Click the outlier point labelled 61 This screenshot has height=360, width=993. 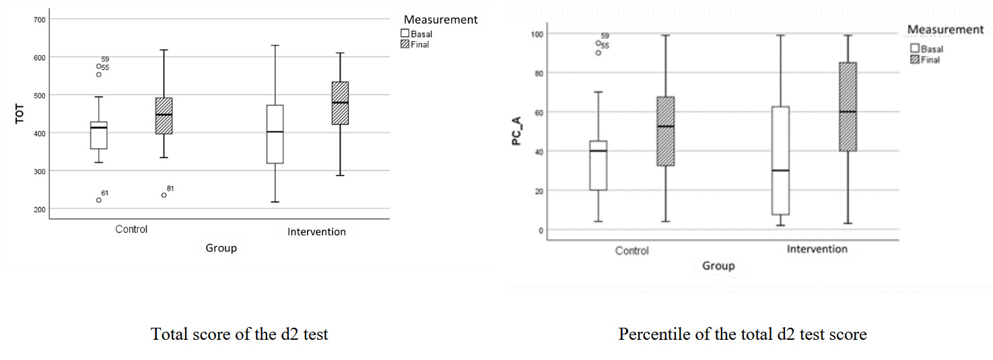point(99,200)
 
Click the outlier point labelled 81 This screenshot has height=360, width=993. point(164,195)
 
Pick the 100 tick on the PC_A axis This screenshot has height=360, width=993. point(537,34)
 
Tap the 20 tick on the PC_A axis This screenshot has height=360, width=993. point(539,190)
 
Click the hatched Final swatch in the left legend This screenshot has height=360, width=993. point(405,44)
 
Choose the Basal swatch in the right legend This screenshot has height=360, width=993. point(915,48)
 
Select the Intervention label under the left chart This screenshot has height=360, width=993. point(316,232)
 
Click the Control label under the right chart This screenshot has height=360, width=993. point(631,251)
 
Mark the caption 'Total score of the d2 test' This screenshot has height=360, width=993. point(240,334)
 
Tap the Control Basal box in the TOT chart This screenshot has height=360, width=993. point(99,135)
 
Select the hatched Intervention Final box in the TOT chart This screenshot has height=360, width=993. point(340,103)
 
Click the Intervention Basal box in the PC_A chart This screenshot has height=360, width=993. point(781,161)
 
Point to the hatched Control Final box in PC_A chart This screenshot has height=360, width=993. point(666,131)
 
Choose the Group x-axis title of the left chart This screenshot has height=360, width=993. point(221,248)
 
